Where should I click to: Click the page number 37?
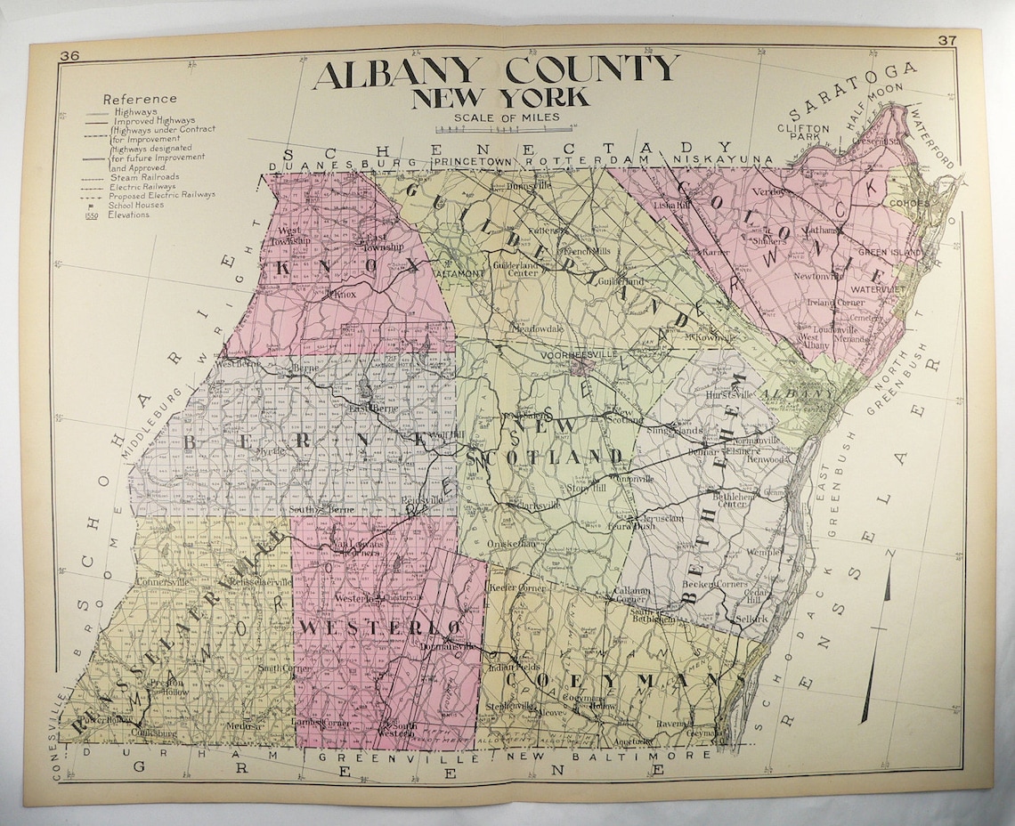tap(948, 41)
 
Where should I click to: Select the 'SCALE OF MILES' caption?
tap(506, 117)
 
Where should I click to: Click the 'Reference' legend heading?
tap(140, 99)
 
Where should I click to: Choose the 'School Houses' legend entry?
tap(141, 205)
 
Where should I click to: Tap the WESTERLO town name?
tap(380, 627)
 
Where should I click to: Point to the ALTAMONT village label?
tap(459, 274)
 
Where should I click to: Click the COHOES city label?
tap(908, 203)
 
